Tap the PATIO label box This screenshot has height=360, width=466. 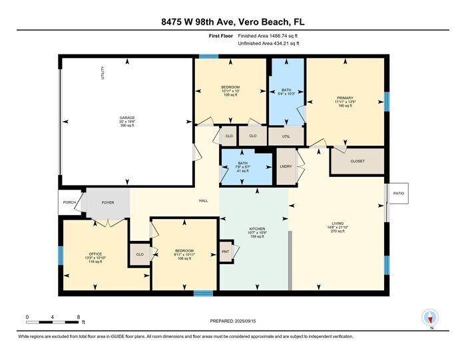coord(399,193)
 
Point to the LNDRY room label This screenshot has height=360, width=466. coord(284,166)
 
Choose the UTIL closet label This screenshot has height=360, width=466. coord(286,136)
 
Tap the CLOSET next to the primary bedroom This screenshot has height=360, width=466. coord(357,160)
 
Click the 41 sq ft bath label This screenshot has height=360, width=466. coord(242,166)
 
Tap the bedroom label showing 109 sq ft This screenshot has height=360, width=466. coord(230,90)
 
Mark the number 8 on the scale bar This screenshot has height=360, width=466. coord(79,317)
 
